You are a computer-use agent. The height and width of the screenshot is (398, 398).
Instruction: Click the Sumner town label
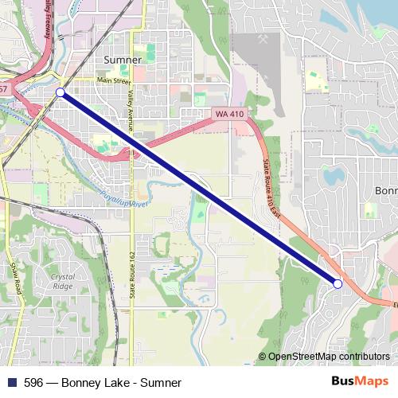point(123,60)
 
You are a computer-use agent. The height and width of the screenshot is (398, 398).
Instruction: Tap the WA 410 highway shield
point(229,115)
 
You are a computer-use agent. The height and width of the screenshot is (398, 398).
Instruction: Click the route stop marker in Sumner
point(60,93)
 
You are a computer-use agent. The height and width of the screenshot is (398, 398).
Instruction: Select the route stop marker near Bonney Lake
point(338,283)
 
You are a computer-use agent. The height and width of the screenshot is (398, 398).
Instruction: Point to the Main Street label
point(113,80)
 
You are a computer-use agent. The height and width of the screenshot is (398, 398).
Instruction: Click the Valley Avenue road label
point(130,104)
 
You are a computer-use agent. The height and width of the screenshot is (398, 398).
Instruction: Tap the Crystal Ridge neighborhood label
point(62,281)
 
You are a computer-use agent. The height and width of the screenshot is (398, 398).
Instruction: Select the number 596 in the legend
point(33,383)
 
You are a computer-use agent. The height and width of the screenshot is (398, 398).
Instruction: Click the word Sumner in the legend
point(162,383)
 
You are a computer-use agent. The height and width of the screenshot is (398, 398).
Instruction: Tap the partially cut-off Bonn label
point(385,191)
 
